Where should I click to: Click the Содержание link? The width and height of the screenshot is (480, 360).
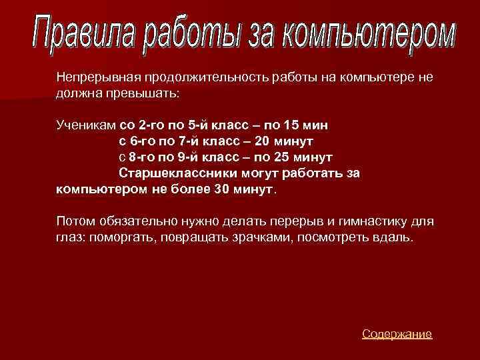tap(397, 334)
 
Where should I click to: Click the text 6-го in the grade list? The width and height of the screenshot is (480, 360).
tap(141, 141)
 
